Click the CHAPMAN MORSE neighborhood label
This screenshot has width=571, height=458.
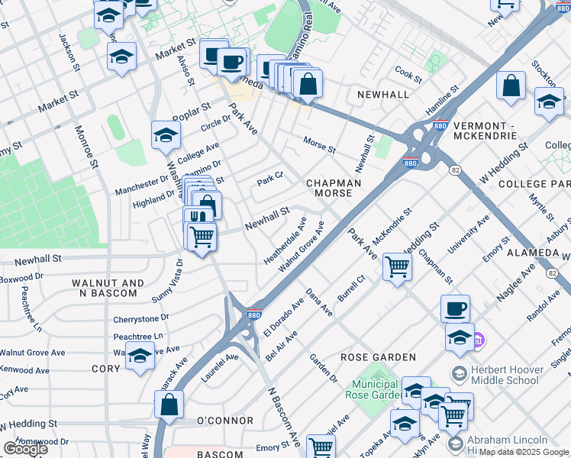coord(329,189)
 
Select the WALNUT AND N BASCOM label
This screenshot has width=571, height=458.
coord(108,289)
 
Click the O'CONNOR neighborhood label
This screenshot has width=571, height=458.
coord(225,421)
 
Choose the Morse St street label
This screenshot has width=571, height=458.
coord(319,145)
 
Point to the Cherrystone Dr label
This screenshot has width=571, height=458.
coord(141,319)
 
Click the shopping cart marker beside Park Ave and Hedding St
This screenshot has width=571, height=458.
coord(397,267)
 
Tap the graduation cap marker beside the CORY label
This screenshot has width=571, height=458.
coord(140,355)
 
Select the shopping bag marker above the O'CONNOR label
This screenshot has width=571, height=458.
coord(169,405)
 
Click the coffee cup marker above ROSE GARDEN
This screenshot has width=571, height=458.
coord(455,308)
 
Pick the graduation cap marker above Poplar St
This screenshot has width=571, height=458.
coord(121,56)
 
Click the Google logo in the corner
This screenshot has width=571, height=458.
coord(24,449)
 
